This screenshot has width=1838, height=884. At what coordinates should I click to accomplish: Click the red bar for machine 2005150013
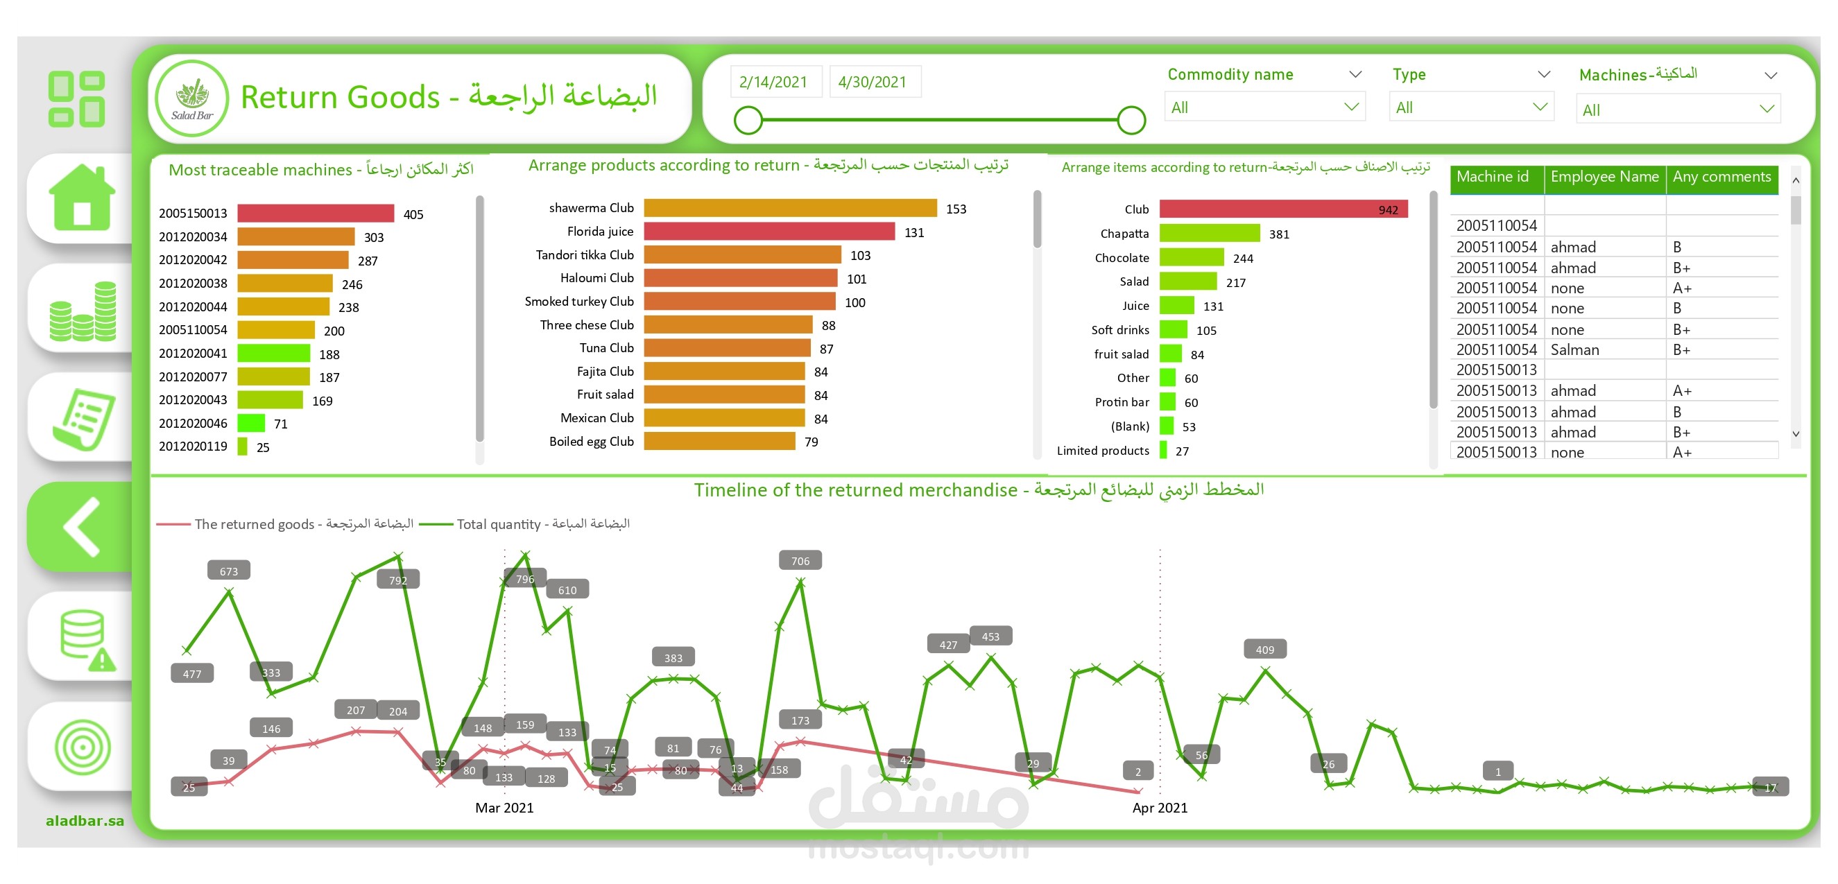[316, 214]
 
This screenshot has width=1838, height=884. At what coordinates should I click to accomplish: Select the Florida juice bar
[768, 232]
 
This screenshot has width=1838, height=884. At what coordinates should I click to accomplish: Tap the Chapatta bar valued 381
[1210, 234]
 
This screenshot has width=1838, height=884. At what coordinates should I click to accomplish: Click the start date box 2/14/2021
[774, 82]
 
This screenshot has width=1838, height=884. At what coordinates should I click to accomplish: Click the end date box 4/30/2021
[873, 82]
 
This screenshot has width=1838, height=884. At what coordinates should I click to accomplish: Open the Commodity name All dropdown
[1264, 107]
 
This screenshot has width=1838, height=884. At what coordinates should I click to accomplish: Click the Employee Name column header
[1604, 177]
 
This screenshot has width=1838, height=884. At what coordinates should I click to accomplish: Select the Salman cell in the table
[1574, 350]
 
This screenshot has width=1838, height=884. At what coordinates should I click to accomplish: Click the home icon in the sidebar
[82, 198]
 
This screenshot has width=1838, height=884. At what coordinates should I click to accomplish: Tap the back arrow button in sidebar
[82, 526]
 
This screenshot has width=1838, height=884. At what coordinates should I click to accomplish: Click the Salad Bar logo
[192, 98]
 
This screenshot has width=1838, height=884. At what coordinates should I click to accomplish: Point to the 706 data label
[800, 562]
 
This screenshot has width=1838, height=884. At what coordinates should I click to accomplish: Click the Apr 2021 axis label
[1160, 808]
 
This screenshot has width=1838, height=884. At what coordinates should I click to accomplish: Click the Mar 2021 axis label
[504, 808]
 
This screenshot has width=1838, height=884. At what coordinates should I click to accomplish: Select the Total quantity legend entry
[542, 524]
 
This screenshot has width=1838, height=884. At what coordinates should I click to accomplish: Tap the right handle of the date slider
[1131, 120]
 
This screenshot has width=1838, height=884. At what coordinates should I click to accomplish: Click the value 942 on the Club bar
[1388, 210]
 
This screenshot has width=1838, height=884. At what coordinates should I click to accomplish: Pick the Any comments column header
[1721, 177]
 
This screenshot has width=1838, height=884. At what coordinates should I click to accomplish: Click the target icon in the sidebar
[82, 747]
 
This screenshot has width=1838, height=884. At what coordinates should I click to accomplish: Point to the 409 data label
[1264, 650]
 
